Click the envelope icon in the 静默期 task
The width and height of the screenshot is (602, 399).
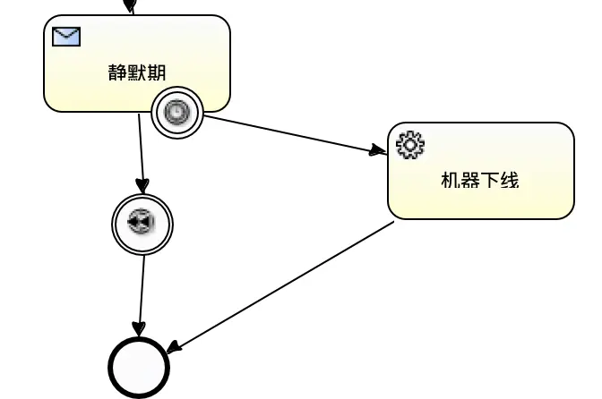click(66, 37)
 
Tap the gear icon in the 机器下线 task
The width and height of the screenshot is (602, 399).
click(409, 144)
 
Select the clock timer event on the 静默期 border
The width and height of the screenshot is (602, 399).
click(177, 112)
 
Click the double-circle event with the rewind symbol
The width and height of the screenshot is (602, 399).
click(142, 223)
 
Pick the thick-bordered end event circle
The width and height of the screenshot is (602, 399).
click(139, 368)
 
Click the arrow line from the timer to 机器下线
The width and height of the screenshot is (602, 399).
click(287, 135)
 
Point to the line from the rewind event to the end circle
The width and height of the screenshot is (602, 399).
click(141, 286)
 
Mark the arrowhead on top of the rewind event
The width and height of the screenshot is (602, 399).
click(142, 185)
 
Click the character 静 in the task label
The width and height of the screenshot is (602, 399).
click(117, 72)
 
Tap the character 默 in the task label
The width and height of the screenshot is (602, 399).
click(137, 72)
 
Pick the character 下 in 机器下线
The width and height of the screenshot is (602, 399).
click(490, 180)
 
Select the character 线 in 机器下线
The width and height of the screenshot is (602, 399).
click(510, 180)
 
